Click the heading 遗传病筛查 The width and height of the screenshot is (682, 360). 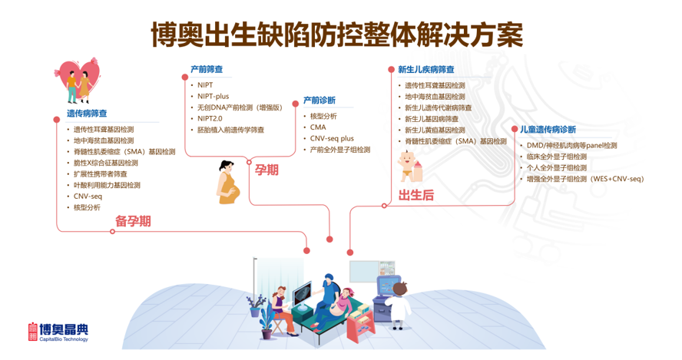pos(87,114)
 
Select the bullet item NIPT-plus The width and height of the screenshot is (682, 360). pos(214,96)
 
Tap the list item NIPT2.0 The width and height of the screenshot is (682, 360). pos(210,118)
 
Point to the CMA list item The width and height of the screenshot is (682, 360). pos(318,127)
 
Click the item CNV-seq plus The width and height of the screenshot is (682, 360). pos(332,138)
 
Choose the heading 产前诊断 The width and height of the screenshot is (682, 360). pos(319,101)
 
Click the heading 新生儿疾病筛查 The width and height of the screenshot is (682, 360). pos(426,70)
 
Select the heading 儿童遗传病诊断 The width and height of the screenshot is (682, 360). pos(548,130)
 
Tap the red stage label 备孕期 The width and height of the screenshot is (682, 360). pos(133,221)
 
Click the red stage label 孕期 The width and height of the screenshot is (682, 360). pos(267,170)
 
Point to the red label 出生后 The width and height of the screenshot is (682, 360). pos(416,195)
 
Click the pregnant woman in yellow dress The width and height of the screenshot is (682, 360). pos(228,182)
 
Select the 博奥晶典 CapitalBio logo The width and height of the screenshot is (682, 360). pos(58,332)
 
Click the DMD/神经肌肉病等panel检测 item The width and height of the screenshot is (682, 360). pos(571,145)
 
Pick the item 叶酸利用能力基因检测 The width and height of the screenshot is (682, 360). pos(107,185)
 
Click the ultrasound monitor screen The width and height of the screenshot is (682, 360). pos(303,293)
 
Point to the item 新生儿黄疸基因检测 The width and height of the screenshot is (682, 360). pos(435,130)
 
